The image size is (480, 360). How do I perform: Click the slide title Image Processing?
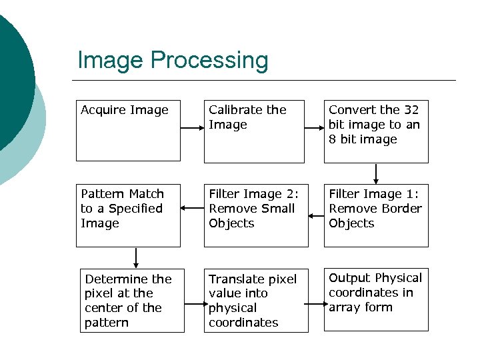(173, 60)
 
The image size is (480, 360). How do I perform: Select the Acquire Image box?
(128, 131)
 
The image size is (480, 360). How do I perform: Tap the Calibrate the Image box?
(253, 131)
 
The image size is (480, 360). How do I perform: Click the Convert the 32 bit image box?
(376, 131)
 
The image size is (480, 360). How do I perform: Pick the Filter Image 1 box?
(376, 215)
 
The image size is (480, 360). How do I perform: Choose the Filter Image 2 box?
(256, 215)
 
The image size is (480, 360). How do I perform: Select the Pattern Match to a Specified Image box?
(128, 215)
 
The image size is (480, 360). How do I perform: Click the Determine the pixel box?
(132, 300)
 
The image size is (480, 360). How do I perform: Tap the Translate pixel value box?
(256, 300)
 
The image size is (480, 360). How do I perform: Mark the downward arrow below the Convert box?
(377, 173)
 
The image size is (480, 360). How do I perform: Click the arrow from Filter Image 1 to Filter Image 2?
(316, 208)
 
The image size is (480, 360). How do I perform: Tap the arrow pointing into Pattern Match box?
(192, 208)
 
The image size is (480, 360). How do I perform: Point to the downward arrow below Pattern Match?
(136, 257)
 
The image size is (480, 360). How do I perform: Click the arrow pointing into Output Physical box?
(316, 304)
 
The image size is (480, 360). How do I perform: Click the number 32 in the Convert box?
(411, 110)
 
